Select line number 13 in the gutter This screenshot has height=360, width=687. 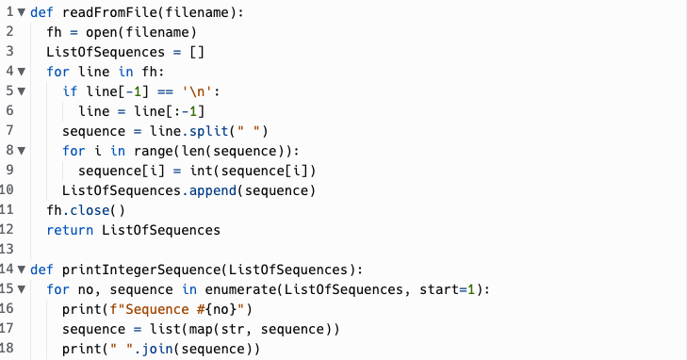[9, 249]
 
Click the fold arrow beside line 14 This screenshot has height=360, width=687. [21, 269]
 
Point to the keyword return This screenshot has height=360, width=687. [70, 229]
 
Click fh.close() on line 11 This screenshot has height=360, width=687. [86, 209]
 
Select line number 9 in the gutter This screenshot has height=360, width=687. [9, 170]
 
